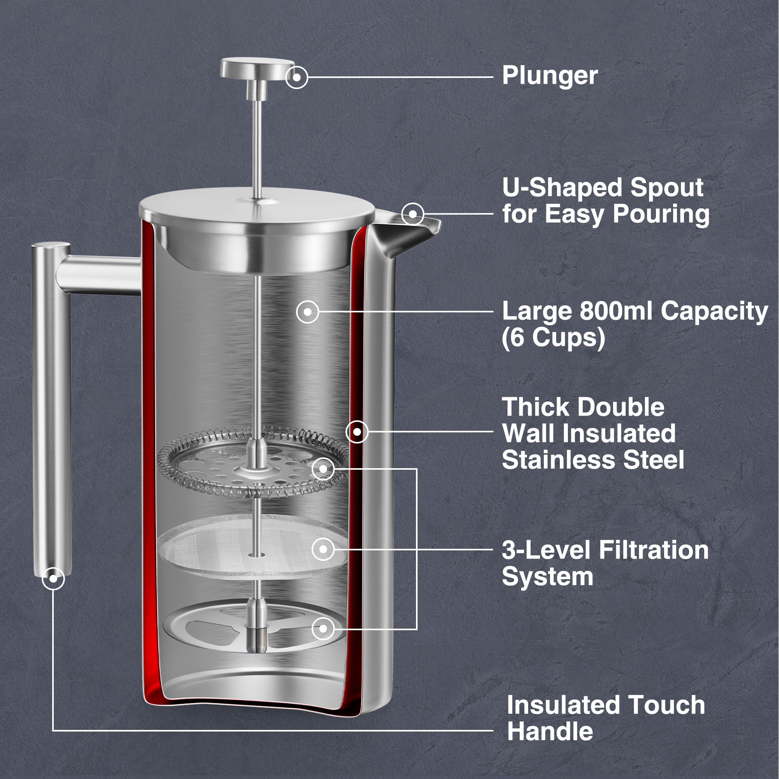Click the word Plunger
coord(550,76)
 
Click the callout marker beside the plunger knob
coord(296,77)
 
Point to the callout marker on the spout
coord(412,213)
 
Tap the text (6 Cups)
coord(553,337)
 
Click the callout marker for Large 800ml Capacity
coord(307,312)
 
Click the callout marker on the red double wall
coord(357,432)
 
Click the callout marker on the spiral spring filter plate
coord(323,469)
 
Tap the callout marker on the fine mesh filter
coord(323,549)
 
